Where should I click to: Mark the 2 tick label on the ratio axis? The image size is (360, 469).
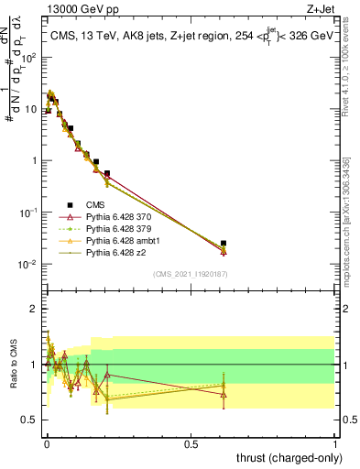click(x=33, y=309)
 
